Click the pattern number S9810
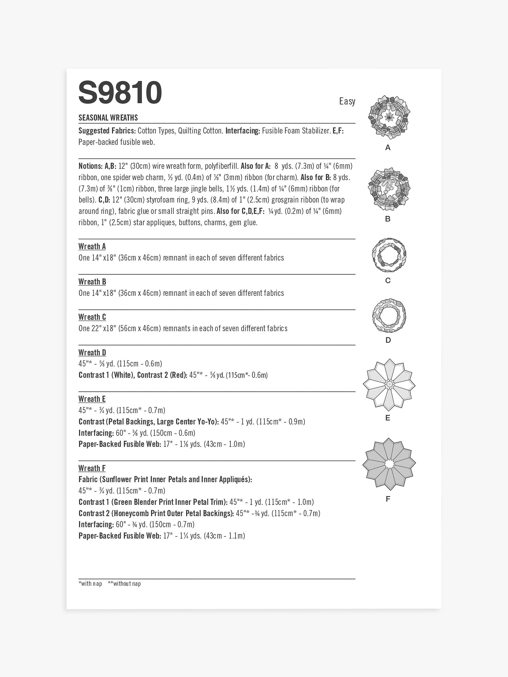click(120, 93)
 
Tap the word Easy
click(347, 101)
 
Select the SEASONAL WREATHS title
click(108, 118)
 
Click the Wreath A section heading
click(92, 246)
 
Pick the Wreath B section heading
click(92, 282)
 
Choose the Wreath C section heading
click(92, 317)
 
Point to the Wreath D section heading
click(92, 352)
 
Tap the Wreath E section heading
click(92, 399)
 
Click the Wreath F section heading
click(92, 468)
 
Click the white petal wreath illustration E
click(389, 384)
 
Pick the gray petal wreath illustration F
click(389, 464)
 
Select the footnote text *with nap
click(90, 584)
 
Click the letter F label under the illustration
click(388, 499)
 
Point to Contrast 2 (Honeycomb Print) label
click(156, 513)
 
